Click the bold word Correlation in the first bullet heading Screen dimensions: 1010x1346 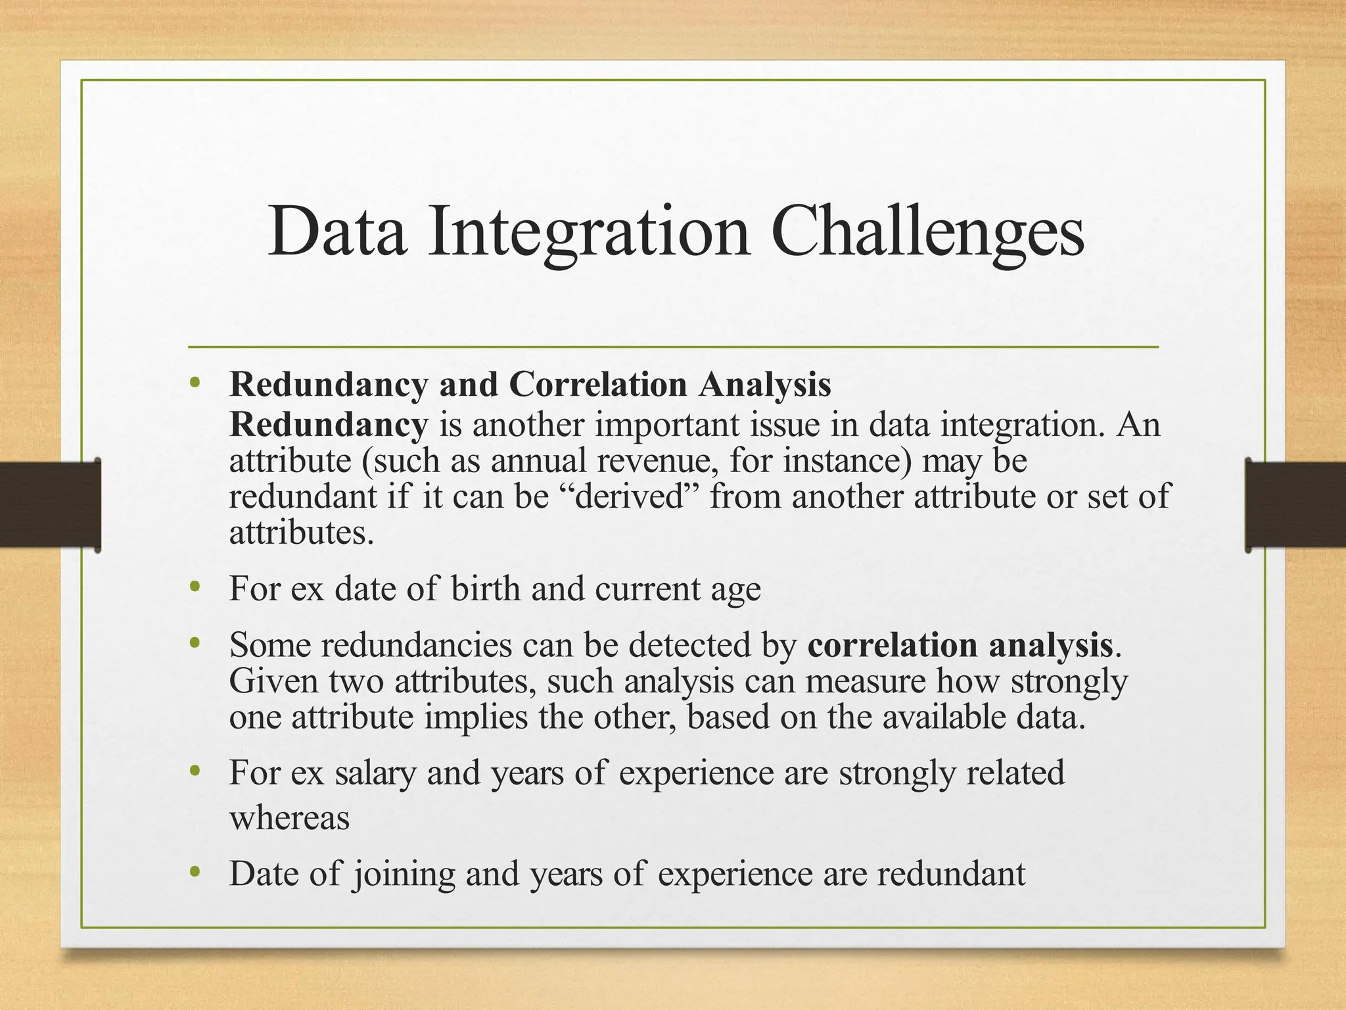(597, 385)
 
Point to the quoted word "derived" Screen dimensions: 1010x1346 (630, 496)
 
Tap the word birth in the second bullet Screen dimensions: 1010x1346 (486, 588)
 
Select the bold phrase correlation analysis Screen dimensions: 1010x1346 (960, 644)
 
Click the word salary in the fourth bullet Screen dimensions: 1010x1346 (375, 773)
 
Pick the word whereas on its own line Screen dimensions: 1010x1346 (289, 818)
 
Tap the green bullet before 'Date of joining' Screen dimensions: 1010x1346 (194, 872)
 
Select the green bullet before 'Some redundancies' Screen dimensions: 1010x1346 (194, 643)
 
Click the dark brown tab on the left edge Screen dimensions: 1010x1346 (49, 504)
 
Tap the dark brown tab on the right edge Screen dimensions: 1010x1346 (1295, 504)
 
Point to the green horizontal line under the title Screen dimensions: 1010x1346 (673, 347)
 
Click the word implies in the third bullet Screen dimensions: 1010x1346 (476, 717)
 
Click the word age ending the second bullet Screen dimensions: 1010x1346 (735, 589)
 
